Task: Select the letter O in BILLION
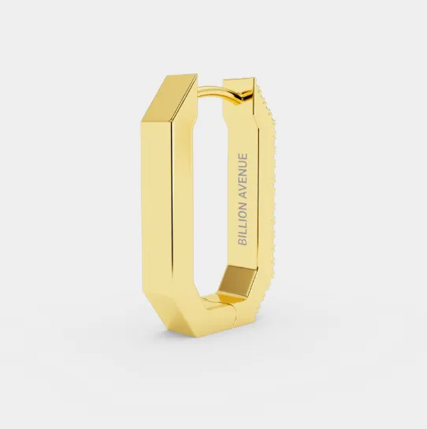coord(243,210)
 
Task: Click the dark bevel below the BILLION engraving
coord(238,281)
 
